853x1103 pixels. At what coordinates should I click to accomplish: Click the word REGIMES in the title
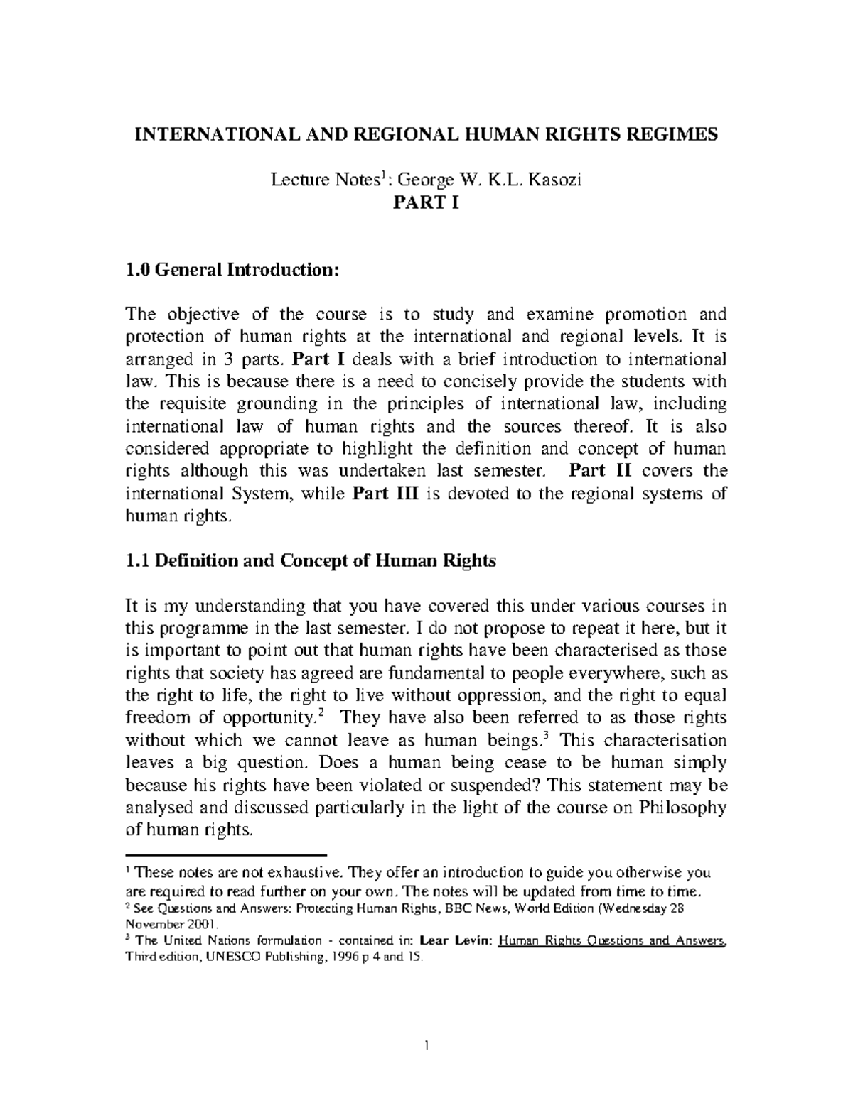tap(676, 134)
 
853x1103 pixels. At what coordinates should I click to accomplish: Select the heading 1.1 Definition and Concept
tap(310, 560)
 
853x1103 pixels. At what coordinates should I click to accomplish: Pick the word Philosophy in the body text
tap(682, 808)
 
